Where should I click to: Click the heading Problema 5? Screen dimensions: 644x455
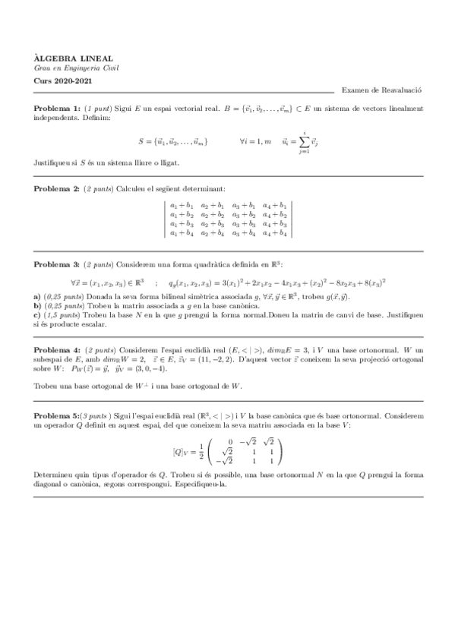(56, 418)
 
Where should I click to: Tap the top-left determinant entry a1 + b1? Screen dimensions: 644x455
(182, 205)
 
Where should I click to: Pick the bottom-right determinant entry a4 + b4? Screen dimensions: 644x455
(274, 233)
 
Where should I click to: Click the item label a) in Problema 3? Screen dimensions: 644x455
(37, 294)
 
